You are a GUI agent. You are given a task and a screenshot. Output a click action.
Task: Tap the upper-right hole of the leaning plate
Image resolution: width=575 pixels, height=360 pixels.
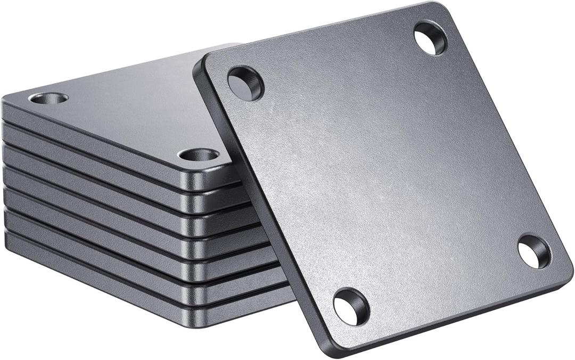point(430,38)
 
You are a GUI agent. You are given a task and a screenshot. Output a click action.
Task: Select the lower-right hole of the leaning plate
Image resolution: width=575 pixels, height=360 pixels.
point(533,251)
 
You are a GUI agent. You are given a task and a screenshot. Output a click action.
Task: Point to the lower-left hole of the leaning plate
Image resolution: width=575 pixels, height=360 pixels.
point(351,306)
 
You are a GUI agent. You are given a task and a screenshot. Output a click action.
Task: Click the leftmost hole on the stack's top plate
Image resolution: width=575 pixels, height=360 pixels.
point(48,99)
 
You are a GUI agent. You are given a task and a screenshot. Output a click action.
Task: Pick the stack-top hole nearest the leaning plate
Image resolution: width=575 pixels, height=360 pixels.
point(199,156)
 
